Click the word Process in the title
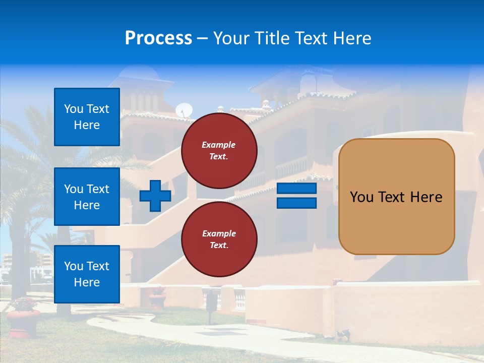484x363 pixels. point(158,38)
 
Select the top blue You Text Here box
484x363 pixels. point(87,117)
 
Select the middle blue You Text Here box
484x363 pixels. point(87,197)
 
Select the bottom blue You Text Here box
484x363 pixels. point(87,274)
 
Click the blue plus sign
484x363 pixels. point(155,196)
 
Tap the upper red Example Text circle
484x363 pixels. point(219,151)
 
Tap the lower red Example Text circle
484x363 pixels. point(219,239)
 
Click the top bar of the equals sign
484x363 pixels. point(297,189)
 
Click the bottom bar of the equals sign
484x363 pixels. point(297,203)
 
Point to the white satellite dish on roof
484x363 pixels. point(184,110)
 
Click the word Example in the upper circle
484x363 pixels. point(219,145)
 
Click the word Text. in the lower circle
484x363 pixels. point(219,246)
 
